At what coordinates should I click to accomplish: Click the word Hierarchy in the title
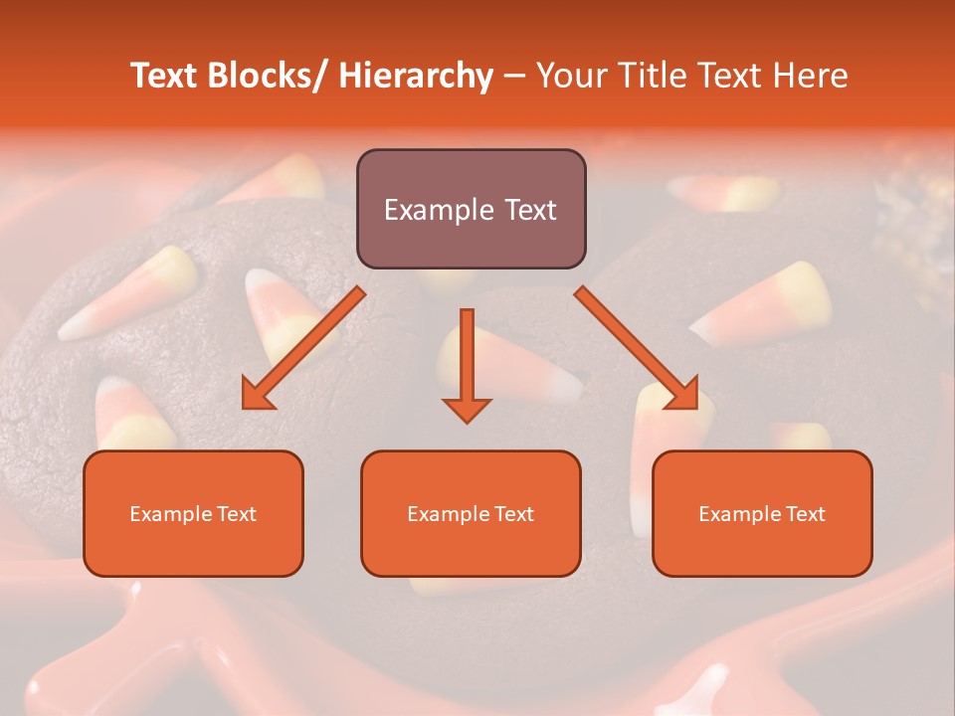(416, 76)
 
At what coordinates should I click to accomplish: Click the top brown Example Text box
(471, 209)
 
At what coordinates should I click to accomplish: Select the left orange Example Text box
(193, 513)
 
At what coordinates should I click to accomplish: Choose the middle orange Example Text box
(471, 513)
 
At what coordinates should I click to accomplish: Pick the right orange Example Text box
(762, 513)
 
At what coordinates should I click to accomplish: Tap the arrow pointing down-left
(303, 348)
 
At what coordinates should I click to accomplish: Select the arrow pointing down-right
(637, 348)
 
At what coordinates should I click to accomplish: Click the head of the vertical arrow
(467, 409)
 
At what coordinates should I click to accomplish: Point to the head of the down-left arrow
(257, 396)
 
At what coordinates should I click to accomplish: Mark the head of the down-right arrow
(684, 395)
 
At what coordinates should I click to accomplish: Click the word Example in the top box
(432, 210)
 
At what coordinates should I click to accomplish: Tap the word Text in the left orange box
(237, 514)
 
